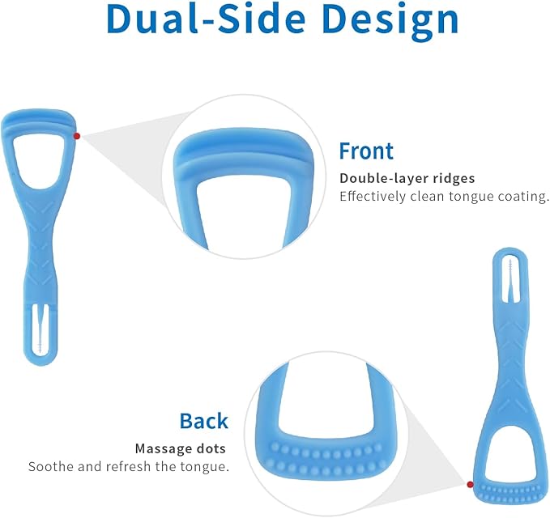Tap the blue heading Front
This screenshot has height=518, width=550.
[365, 151]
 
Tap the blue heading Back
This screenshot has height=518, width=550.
[203, 421]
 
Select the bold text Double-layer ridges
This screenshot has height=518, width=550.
[407, 178]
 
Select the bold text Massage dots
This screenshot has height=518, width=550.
[180, 448]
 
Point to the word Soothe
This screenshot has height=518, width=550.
[51, 467]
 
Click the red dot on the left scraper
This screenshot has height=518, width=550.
[77, 136]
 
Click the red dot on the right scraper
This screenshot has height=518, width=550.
[471, 484]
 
